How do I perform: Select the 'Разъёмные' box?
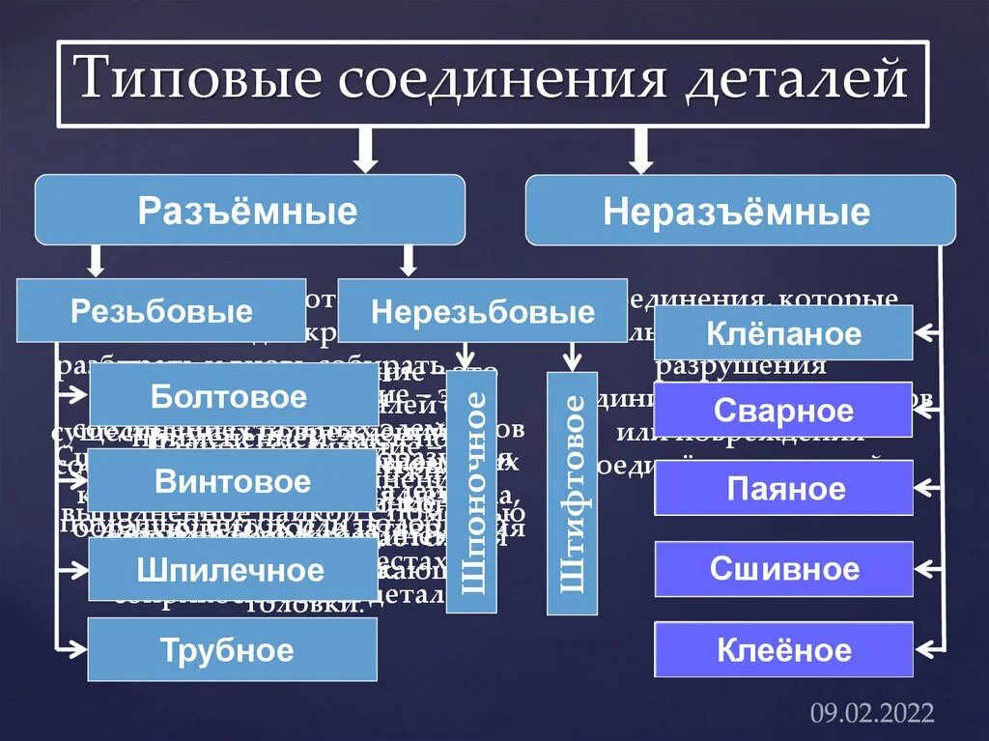[x=249, y=210]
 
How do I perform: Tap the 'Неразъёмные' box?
[x=740, y=211]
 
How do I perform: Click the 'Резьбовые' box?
[x=161, y=311]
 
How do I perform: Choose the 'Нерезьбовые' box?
[x=482, y=311]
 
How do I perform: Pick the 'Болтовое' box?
[x=229, y=396]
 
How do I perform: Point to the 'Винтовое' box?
[x=232, y=480]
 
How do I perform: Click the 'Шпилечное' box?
[x=231, y=569]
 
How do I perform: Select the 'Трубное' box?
[x=232, y=649]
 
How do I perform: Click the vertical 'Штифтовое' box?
[x=572, y=493]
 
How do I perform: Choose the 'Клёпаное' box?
[x=783, y=333]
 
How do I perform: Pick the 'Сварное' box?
[x=783, y=410]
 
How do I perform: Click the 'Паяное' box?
[x=783, y=488]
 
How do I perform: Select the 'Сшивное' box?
[x=783, y=568]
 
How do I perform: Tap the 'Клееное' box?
[x=783, y=649]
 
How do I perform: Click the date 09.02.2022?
[x=872, y=713]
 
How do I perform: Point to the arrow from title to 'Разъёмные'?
[x=365, y=149]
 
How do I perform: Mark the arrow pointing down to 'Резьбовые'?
[x=95, y=260]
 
